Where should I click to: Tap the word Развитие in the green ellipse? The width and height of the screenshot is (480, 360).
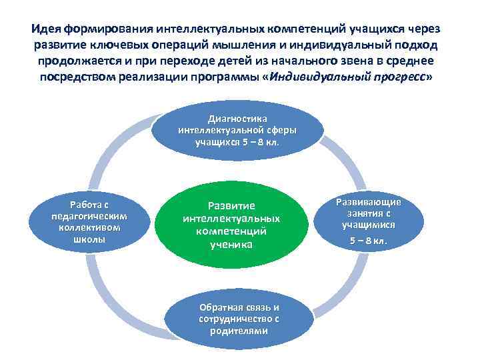231,205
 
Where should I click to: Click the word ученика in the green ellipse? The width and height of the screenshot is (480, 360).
231,245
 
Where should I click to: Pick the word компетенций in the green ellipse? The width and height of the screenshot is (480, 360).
231,231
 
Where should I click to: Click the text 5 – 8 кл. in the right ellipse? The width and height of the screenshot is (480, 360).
369,241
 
